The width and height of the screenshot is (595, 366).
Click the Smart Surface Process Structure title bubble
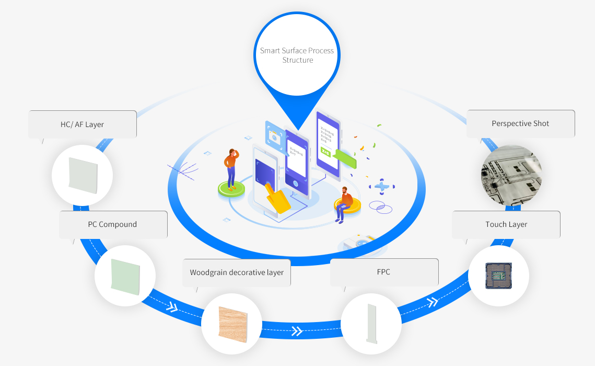pyautogui.click(x=297, y=55)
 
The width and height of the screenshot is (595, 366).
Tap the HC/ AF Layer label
pyautogui.click(x=83, y=124)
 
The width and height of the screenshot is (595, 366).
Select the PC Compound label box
pyautogui.click(x=113, y=225)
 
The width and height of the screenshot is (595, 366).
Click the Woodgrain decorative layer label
pyautogui.click(x=237, y=272)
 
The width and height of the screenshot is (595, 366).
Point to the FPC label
pyautogui.click(x=384, y=272)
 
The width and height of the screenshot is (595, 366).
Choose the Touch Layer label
pyautogui.click(x=506, y=225)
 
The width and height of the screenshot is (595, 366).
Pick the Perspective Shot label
pyautogui.click(x=520, y=124)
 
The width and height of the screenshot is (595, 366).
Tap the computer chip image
pyautogui.click(x=499, y=276)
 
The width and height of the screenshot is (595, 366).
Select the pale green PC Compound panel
pyautogui.click(x=125, y=276)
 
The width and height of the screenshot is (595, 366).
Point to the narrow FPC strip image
pyautogui.click(x=371, y=324)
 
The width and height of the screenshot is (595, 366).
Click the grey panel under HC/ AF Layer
pyautogui.click(x=82, y=175)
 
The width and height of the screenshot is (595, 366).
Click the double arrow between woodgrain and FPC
pyautogui.click(x=297, y=330)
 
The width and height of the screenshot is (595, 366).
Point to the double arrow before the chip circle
pyautogui.click(x=433, y=302)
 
